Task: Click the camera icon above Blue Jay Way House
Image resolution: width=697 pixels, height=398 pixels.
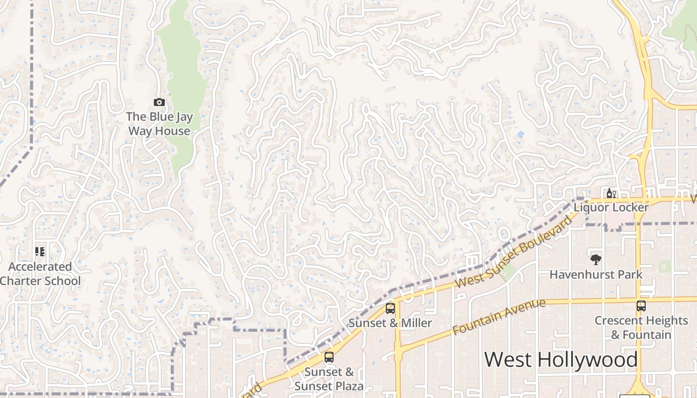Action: coord(159,102)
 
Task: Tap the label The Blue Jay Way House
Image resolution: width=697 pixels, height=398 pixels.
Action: coord(159,124)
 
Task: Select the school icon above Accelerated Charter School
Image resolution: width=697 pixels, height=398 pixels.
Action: coord(40,251)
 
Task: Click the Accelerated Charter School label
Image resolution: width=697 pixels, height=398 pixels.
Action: coord(40,274)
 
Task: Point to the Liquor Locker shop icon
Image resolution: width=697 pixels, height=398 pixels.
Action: coord(611,193)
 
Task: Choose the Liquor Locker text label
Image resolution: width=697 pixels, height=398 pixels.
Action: coord(611,207)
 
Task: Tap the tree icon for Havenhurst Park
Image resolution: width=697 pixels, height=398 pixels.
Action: coord(595,259)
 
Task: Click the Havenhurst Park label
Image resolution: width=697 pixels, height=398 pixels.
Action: coord(595,274)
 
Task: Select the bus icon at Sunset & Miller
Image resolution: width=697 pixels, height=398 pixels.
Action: coord(390,308)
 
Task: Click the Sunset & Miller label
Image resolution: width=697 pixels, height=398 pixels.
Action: coord(390,323)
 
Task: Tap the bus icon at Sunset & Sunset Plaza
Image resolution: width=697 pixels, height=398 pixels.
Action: coord(329,357)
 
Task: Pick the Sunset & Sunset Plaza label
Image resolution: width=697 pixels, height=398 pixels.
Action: coord(329,379)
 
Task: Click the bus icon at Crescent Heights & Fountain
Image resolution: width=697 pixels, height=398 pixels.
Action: coord(641,306)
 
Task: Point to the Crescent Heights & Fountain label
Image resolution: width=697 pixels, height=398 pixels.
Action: coord(641,327)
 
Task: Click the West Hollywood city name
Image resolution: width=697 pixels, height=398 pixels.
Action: coord(561,359)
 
